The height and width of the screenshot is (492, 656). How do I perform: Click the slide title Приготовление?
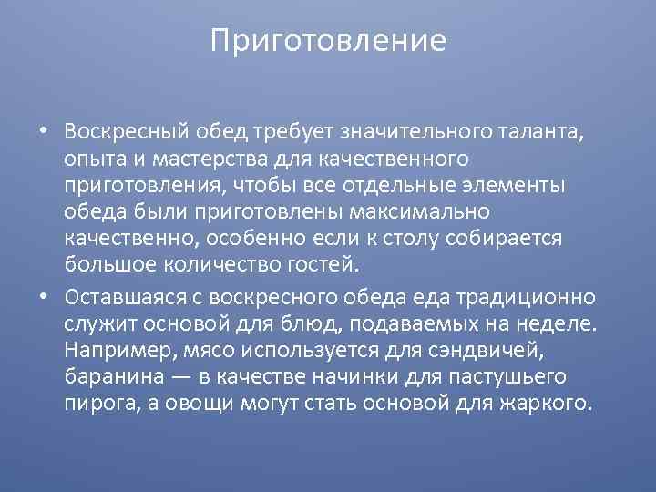[x=328, y=41]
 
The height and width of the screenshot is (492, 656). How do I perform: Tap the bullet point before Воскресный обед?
[x=43, y=131]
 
